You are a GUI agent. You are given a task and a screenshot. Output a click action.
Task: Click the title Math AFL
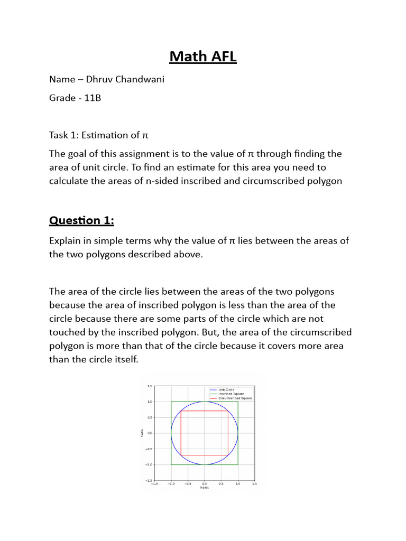(203, 56)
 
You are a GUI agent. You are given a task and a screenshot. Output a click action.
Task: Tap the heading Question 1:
(81, 220)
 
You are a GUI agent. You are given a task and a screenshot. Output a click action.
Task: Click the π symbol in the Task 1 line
(146, 135)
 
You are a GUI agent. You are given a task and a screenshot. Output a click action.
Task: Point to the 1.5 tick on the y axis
(150, 386)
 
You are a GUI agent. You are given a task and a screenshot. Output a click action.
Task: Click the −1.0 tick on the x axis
(171, 483)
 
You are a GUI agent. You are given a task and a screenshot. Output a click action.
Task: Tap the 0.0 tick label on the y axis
(150, 433)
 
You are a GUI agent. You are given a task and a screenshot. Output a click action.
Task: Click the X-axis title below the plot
(204, 488)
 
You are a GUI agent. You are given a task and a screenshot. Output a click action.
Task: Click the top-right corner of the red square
(228, 411)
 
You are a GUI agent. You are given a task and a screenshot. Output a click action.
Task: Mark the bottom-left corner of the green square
(171, 464)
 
